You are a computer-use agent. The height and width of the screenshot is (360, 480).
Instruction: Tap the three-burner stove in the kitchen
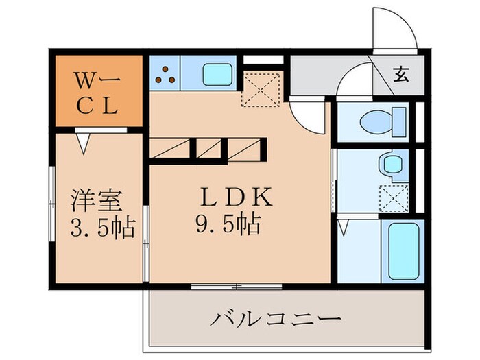point(165,72)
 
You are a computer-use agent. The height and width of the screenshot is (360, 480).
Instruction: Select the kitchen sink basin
point(218,72)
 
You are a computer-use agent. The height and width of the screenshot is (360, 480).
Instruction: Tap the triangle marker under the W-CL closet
point(83,143)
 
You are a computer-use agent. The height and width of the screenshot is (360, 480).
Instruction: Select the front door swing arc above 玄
point(396,27)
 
